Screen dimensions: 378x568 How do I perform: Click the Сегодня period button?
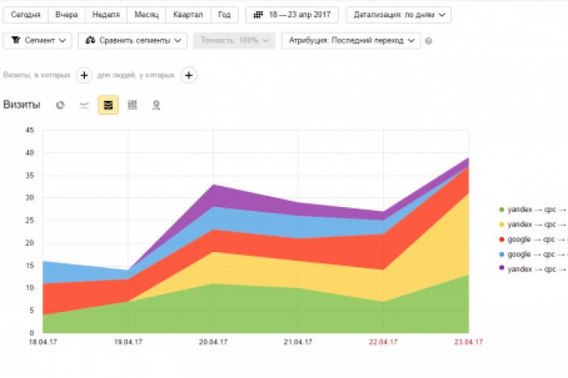(x=26, y=15)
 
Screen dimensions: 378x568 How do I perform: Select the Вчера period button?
(x=67, y=15)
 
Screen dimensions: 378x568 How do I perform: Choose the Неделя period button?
(x=106, y=15)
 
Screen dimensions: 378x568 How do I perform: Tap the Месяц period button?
(x=146, y=15)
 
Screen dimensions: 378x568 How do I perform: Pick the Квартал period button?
(x=188, y=15)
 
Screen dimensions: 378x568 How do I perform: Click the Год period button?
(x=225, y=15)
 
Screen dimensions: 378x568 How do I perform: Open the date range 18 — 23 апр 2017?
(x=292, y=15)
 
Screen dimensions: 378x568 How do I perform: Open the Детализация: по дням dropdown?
(x=398, y=15)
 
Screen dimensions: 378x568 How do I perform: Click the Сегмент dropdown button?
(x=37, y=40)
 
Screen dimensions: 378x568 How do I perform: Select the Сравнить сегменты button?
(x=132, y=40)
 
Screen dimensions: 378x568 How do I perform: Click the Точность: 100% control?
(x=234, y=40)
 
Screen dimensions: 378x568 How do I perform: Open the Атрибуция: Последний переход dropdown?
(x=350, y=40)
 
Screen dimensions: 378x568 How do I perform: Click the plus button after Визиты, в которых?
(x=84, y=76)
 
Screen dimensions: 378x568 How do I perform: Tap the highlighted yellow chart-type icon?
(x=108, y=105)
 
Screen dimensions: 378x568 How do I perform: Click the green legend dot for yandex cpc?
(x=501, y=209)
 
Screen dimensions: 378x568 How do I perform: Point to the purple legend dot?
(x=501, y=269)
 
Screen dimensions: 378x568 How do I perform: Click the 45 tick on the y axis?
(x=30, y=130)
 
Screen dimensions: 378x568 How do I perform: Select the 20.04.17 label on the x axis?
(x=213, y=342)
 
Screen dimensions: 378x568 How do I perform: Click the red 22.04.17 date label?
(x=383, y=342)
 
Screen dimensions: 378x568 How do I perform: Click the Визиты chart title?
(x=22, y=105)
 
